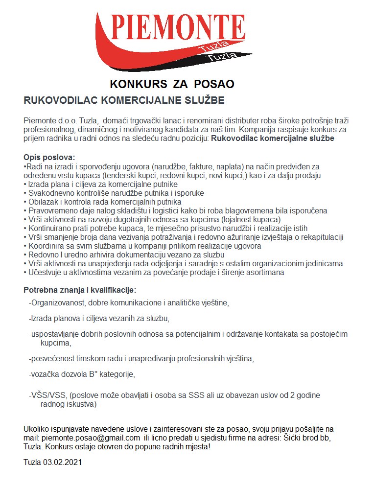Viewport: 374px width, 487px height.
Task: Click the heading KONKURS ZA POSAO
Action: point(172,84)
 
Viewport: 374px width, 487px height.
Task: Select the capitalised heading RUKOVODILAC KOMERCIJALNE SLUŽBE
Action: point(124,100)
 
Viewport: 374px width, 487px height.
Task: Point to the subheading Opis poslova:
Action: point(49,158)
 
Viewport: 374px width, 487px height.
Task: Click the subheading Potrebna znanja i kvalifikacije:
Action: point(80,290)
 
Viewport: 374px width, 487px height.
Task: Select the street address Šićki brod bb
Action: point(308,437)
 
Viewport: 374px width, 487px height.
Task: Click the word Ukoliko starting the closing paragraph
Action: point(37,428)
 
